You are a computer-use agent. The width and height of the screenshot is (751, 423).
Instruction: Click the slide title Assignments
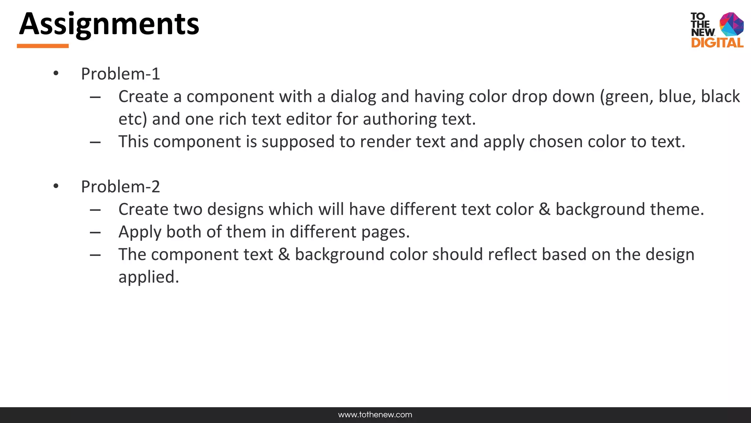pyautogui.click(x=109, y=24)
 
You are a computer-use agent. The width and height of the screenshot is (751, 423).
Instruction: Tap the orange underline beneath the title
pyautogui.click(x=43, y=46)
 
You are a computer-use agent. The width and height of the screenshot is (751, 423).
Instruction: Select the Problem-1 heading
pyautogui.click(x=120, y=74)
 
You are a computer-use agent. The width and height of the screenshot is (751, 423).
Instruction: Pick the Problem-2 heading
pyautogui.click(x=120, y=187)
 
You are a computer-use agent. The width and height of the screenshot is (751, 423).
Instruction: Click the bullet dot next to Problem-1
pyautogui.click(x=56, y=73)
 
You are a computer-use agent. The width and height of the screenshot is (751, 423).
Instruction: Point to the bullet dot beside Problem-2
pyautogui.click(x=56, y=186)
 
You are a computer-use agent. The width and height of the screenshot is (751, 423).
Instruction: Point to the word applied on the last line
pyautogui.click(x=149, y=277)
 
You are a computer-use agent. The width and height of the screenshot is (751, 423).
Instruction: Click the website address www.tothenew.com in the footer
pyautogui.click(x=375, y=415)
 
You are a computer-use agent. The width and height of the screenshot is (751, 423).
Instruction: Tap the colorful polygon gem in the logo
pyautogui.click(x=731, y=24)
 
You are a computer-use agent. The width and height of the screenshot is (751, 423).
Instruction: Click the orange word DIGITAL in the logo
pyautogui.click(x=717, y=43)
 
